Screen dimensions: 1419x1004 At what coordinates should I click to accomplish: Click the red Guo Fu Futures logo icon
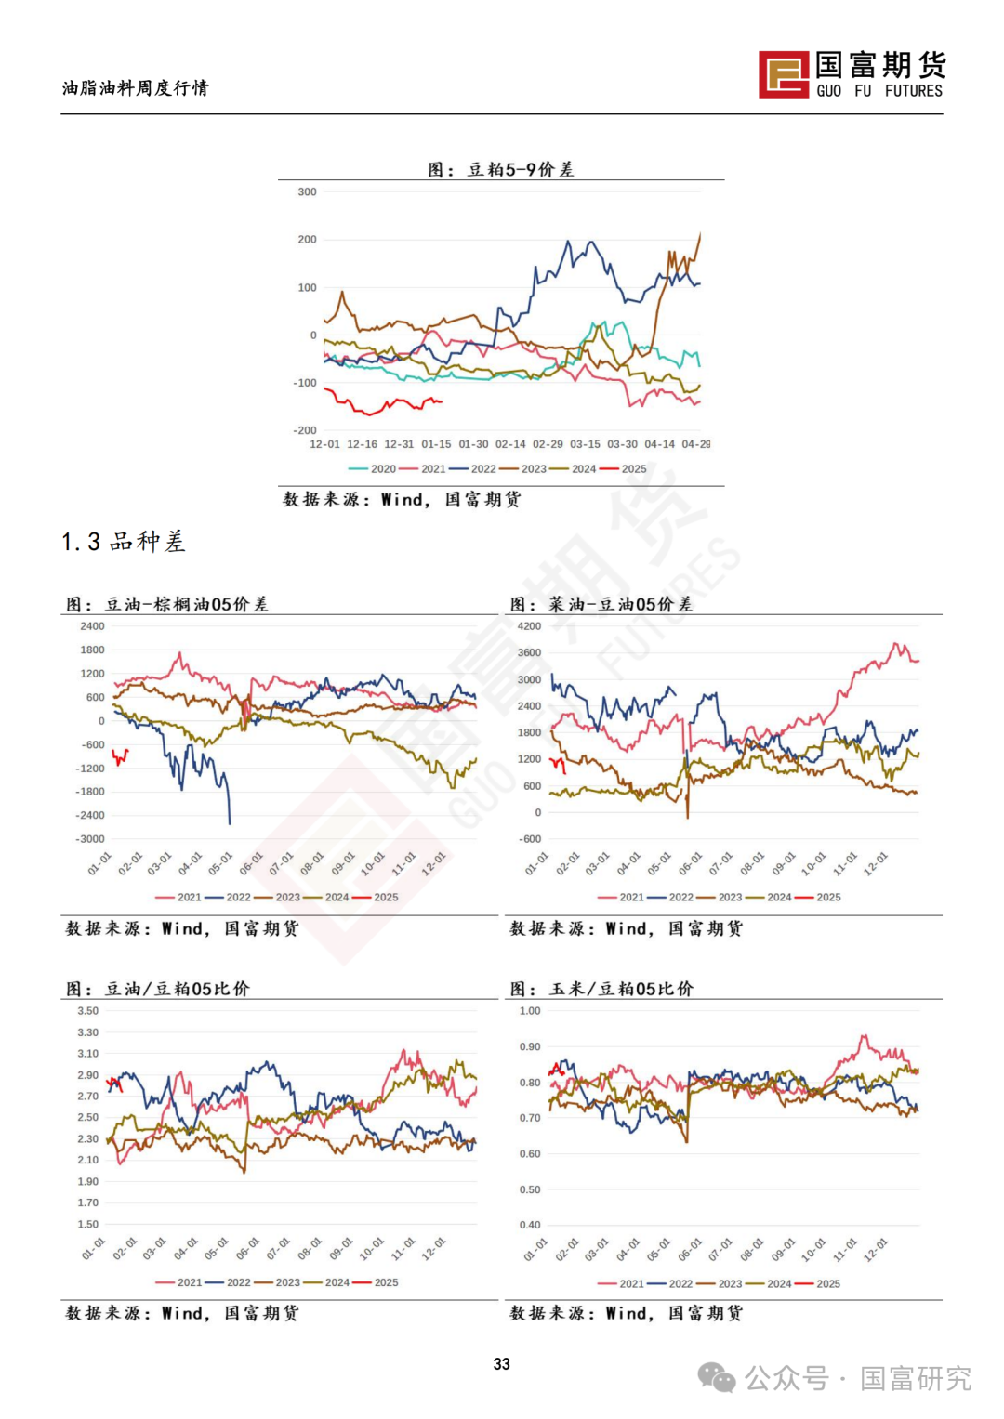point(784,74)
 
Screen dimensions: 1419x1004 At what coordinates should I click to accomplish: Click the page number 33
point(502,1363)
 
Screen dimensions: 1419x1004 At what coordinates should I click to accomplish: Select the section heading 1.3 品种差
point(124,542)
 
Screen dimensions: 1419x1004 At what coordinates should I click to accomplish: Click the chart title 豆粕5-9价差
point(501,169)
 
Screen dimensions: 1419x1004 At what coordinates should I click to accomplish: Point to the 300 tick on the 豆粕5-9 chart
point(307,192)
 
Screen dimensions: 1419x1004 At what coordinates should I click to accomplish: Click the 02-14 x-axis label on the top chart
point(510,444)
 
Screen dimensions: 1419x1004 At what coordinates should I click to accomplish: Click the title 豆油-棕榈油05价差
point(167,604)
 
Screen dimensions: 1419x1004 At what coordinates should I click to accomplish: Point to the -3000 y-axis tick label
point(90,839)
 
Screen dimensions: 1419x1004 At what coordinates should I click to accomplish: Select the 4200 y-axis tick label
point(529,626)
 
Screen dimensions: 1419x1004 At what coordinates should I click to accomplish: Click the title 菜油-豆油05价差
point(601,604)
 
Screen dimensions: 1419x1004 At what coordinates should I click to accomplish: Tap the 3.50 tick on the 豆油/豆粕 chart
point(87,1011)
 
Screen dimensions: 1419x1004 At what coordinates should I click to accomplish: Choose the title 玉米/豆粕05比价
point(601,989)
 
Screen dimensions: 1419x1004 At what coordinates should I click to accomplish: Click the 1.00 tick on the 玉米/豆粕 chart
point(530,1011)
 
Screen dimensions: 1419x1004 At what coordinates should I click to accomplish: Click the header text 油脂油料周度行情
point(136,88)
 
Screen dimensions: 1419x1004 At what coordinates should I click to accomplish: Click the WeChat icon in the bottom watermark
point(716,1377)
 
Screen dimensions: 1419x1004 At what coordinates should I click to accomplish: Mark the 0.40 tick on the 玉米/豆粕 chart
point(530,1225)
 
